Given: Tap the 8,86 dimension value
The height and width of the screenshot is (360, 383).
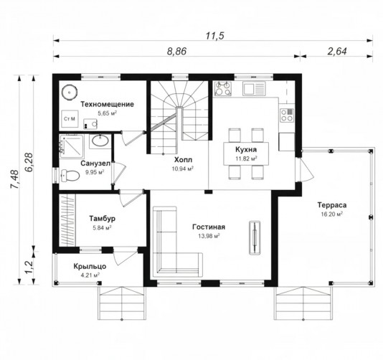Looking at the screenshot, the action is click(x=176, y=52).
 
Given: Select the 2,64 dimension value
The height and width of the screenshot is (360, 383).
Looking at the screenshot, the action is click(x=337, y=52).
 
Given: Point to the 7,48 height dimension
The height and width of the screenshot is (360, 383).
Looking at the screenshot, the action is click(x=14, y=179).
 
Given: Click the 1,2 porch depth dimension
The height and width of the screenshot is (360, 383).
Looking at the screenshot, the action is click(x=29, y=267).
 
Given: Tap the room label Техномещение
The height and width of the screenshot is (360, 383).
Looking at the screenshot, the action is click(x=108, y=104).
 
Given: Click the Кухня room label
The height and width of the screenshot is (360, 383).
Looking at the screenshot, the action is click(x=246, y=149).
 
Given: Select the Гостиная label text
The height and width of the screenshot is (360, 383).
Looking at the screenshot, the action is click(x=209, y=227).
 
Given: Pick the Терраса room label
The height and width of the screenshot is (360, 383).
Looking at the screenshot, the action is click(x=331, y=205).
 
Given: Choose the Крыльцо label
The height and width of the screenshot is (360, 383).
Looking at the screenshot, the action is click(x=90, y=266).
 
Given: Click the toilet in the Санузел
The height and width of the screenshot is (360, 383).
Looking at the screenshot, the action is click(x=70, y=176).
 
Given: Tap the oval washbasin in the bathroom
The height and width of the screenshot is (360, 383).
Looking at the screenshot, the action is click(x=100, y=141).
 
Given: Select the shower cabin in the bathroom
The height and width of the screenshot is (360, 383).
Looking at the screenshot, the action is click(x=71, y=146).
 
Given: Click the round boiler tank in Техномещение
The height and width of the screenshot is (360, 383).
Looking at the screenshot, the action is click(x=70, y=93).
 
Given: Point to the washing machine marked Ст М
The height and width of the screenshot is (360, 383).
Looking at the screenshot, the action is click(x=70, y=119).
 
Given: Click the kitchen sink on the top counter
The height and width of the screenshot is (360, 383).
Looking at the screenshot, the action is click(x=254, y=88).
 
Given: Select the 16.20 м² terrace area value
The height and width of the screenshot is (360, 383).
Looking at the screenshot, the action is click(x=331, y=214).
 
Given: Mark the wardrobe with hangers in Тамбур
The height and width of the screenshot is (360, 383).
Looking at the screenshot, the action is click(x=67, y=220).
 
